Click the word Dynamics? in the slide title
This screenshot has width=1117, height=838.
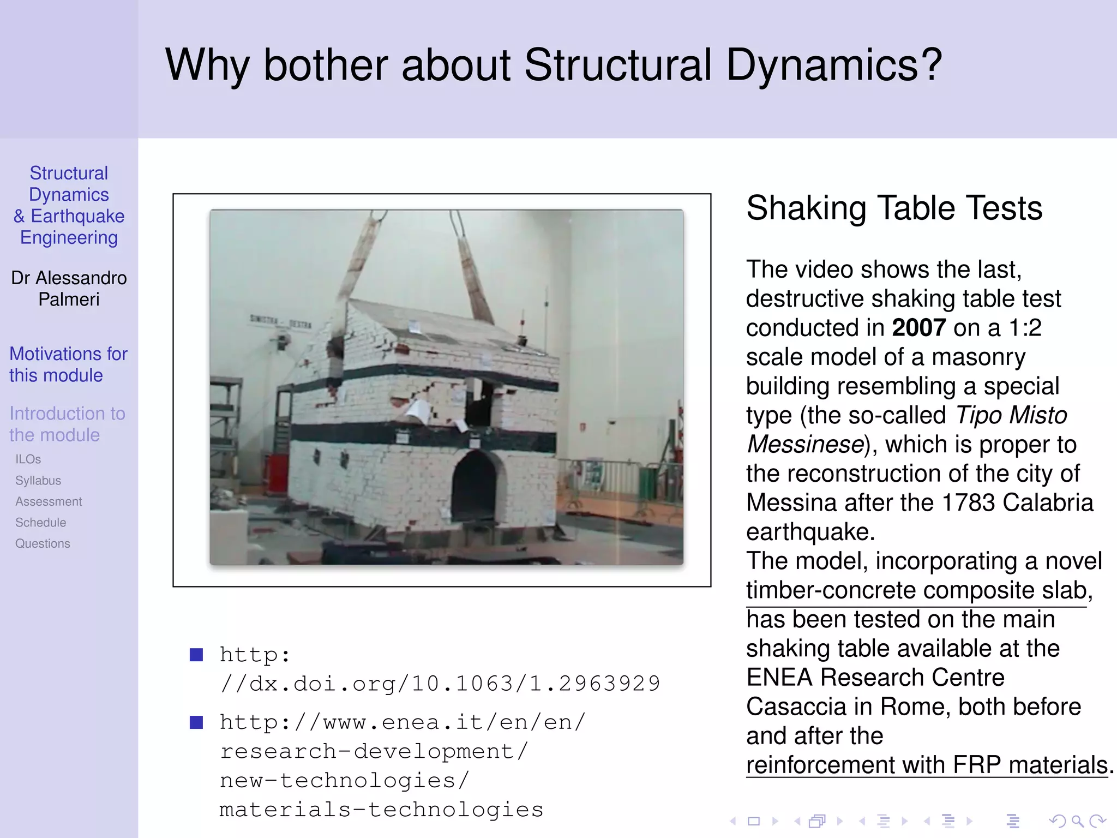point(834,65)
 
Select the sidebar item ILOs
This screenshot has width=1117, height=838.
point(28,459)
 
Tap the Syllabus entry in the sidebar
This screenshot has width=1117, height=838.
point(38,481)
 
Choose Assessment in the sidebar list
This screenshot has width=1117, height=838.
point(49,501)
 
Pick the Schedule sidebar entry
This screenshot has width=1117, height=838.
point(41,523)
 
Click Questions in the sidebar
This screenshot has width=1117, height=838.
point(43,543)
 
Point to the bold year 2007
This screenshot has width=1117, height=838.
point(918,328)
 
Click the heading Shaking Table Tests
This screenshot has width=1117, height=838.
point(894,208)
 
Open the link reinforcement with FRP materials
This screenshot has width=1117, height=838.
point(927,765)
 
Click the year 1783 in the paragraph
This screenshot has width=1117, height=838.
point(968,502)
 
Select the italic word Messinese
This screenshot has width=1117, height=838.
point(805,445)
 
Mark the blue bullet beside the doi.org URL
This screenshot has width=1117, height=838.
point(196,655)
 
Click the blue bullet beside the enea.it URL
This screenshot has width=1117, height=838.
point(196,722)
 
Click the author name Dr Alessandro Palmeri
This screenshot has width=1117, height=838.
point(69,289)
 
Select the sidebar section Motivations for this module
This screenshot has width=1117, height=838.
point(68,364)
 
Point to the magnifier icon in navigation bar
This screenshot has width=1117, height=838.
point(1077,821)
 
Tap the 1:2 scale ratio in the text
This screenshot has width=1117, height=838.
point(1025,328)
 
